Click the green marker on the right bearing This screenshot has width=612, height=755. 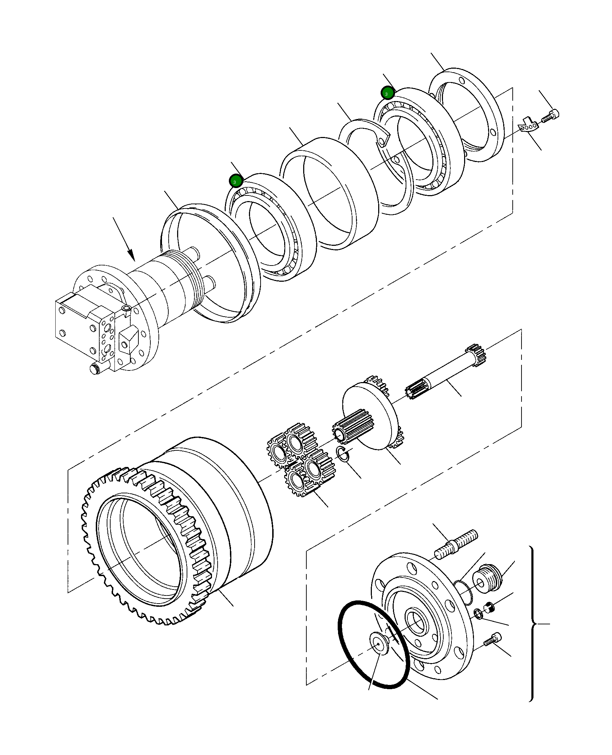tap(387, 93)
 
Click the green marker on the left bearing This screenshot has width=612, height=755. tap(235, 181)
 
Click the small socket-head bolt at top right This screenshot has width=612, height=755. tap(551, 116)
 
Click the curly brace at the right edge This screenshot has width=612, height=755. tap(533, 624)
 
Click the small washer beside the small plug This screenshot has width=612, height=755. tap(479, 614)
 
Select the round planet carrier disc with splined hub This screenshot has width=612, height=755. tap(370, 416)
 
